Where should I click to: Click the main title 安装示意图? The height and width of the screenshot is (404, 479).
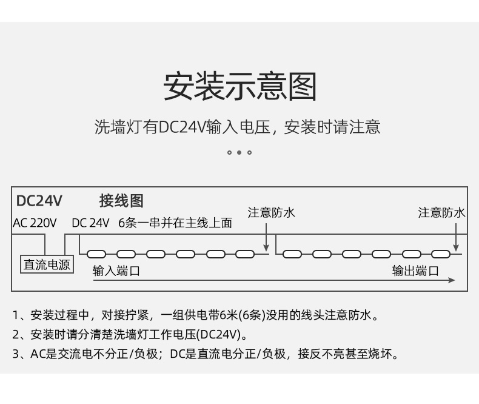pos(240,87)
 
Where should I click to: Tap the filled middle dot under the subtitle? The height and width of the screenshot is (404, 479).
pos(239,152)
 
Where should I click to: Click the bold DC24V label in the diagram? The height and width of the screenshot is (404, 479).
pos(39,201)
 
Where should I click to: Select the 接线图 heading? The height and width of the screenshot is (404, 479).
pos(121,201)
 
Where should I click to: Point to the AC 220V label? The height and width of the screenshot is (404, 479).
pos(35,223)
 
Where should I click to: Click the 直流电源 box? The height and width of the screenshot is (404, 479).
pos(47,264)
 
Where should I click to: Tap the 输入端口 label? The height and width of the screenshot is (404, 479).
pos(116,271)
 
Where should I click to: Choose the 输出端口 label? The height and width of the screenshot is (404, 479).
pos(415,271)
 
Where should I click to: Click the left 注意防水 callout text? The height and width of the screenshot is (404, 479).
pos(271,213)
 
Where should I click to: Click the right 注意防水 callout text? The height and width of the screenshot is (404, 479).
pos(441,213)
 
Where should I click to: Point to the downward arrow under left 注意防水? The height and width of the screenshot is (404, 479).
pos(266,237)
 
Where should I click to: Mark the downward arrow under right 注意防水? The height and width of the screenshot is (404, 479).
pos(456,237)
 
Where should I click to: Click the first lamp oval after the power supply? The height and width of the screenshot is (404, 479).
pos(96,254)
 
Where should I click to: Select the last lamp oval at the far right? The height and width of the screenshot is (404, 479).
pos(441,254)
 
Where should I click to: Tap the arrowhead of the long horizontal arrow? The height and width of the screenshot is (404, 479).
pos(452,280)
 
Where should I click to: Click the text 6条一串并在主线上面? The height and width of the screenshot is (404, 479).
pos(175,223)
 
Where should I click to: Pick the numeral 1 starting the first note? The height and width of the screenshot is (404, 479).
pos(16,315)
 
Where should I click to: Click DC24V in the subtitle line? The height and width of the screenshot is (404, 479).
pos(183,127)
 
